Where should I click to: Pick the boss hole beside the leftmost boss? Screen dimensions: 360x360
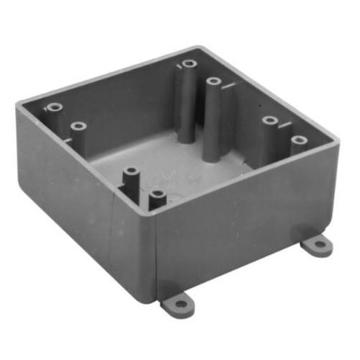pyautogui.click(x=78, y=127)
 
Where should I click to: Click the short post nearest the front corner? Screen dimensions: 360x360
pyautogui.click(x=157, y=194)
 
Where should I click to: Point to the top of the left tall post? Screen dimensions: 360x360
pyautogui.click(x=189, y=63)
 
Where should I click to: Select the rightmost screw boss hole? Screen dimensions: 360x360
pyautogui.click(x=299, y=139)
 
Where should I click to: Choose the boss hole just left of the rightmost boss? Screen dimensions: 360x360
pyautogui.click(x=270, y=120)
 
